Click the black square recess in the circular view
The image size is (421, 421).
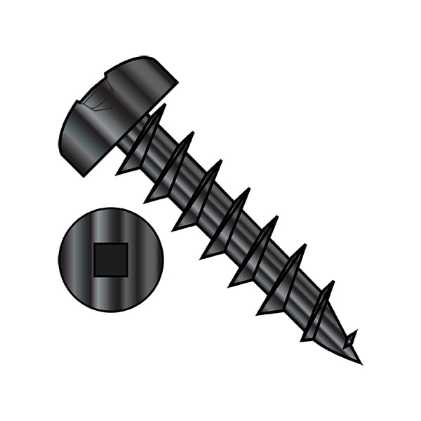point(111,258)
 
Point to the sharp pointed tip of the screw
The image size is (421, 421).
point(359,361)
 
